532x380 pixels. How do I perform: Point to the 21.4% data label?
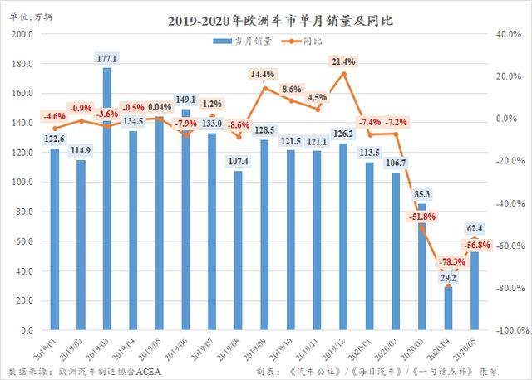[342, 62]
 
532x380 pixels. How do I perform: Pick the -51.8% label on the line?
[423, 217]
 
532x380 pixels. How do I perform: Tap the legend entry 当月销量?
[242, 41]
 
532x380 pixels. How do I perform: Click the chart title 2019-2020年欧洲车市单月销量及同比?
[266, 20]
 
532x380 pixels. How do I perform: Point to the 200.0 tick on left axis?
[22, 35]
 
